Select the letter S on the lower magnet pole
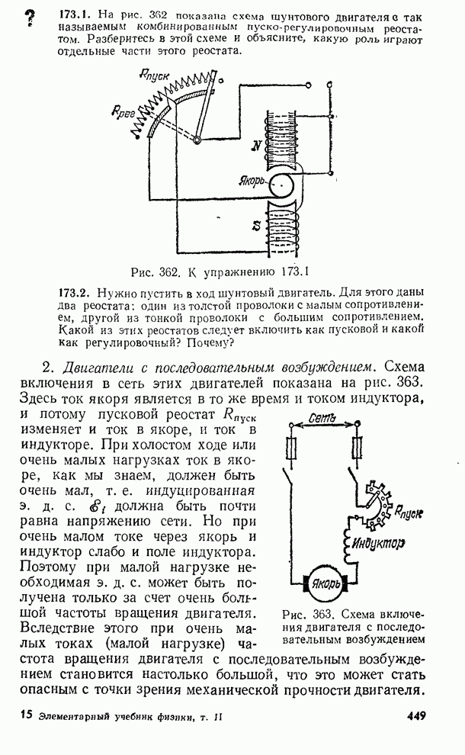coord(257,223)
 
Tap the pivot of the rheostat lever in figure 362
coord(197,140)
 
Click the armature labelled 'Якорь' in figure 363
coord(328,586)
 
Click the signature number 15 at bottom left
coord(25,715)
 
